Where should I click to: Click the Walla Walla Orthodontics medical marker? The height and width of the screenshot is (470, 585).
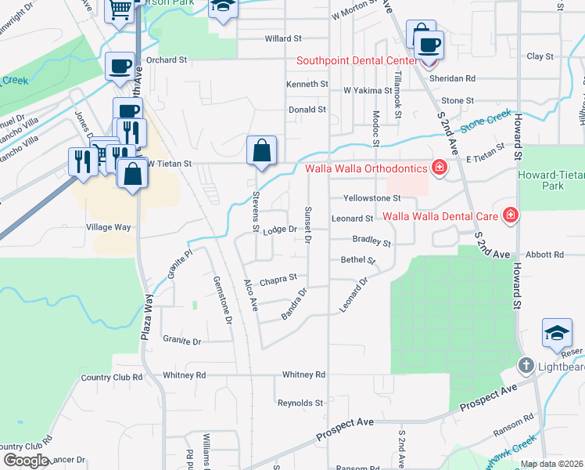(440, 168)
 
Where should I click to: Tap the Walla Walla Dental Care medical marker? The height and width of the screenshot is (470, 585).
(511, 214)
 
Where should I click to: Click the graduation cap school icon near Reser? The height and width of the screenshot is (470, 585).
(557, 333)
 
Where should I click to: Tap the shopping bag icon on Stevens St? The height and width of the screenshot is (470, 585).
(261, 150)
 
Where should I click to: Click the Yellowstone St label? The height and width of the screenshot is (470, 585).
(377, 198)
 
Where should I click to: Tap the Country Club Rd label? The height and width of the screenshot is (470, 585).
(112, 377)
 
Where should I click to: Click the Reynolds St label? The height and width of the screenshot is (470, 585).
(300, 403)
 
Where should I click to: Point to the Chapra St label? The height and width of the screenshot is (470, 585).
(278, 278)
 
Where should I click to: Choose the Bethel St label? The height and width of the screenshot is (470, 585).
(358, 260)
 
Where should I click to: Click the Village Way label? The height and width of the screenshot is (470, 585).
(108, 227)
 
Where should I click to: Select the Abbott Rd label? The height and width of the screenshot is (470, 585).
(544, 255)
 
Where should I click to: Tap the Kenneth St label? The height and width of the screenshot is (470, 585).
(307, 84)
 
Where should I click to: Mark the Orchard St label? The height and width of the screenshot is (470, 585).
(167, 59)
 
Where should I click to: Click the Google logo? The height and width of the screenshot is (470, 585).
(26, 461)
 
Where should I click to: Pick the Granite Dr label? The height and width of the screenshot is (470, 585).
(182, 341)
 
